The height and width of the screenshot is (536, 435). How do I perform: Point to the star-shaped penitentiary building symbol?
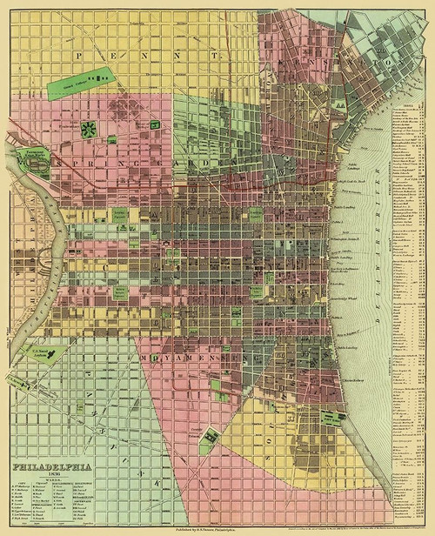(x=87, y=130)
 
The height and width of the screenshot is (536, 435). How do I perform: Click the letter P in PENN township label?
(x=82, y=54)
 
